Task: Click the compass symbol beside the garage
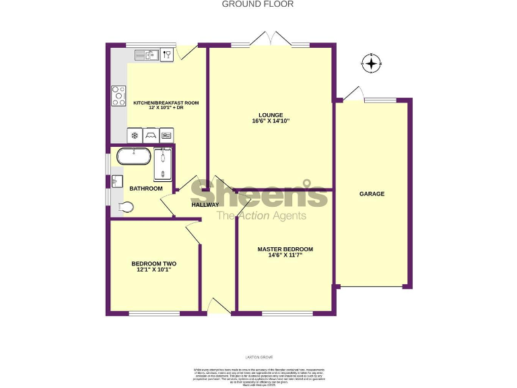pos(371,63)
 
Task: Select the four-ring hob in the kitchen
pos(119,96)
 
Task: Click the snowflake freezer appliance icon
pos(135,135)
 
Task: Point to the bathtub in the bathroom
pos(133,157)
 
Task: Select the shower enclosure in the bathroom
pos(163,166)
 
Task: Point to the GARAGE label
pos(372,194)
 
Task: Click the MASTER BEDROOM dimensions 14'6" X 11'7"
pos(285,255)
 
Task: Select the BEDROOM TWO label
pos(153,263)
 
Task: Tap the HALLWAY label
pos(205,205)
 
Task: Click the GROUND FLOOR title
pos(258,4)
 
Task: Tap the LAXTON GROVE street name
pos(258,357)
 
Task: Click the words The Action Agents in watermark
pos(261,216)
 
